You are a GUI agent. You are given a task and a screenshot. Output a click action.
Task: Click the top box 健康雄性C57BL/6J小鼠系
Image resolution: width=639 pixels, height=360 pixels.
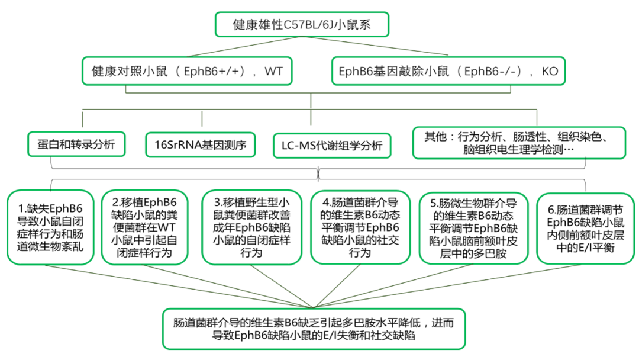pyautogui.click(x=302, y=24)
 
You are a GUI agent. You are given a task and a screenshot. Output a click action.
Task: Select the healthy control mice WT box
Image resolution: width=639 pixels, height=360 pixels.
pyautogui.click(x=187, y=71)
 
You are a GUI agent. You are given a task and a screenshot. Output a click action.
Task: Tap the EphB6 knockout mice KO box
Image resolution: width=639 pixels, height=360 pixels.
pyautogui.click(x=448, y=71)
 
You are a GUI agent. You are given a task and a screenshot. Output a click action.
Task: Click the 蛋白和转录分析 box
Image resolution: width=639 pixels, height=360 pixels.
pyautogui.click(x=76, y=144)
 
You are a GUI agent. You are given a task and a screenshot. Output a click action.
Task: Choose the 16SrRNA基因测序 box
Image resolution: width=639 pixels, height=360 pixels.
pyautogui.click(x=201, y=144)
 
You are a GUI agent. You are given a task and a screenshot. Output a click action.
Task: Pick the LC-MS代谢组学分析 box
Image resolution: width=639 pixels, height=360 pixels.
pyautogui.click(x=332, y=146)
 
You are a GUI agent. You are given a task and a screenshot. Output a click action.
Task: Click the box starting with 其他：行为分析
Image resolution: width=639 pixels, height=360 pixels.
pyautogui.click(x=519, y=143)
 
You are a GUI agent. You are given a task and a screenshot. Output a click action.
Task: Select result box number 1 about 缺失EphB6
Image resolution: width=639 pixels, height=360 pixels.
pyautogui.click(x=50, y=227)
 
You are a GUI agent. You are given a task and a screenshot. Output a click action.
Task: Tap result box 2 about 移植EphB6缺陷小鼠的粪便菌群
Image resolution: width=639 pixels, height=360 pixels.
pyautogui.click(x=144, y=227)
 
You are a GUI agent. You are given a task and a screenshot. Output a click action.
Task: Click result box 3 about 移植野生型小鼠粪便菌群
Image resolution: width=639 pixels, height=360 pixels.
pyautogui.click(x=251, y=227)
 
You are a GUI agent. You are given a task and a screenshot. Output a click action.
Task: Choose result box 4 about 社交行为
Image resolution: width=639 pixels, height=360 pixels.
pyautogui.click(x=360, y=227)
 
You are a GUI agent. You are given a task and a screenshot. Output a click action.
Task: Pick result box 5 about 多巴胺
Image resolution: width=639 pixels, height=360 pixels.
pyautogui.click(x=473, y=229)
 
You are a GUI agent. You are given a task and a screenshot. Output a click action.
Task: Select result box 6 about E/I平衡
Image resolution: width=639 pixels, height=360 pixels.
pyautogui.click(x=585, y=229)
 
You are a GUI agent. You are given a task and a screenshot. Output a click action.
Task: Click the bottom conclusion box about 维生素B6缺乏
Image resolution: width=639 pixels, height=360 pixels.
pyautogui.click(x=314, y=329)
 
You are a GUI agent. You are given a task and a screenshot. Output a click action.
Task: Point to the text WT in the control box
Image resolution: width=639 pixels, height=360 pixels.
pyautogui.click(x=273, y=71)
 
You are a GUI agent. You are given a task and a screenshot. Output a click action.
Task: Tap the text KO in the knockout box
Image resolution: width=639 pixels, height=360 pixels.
pyautogui.click(x=550, y=71)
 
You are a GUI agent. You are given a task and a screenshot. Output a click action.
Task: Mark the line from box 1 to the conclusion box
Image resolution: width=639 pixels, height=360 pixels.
pyautogui.click(x=180, y=286)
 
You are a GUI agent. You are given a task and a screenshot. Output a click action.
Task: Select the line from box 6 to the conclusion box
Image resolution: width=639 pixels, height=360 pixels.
pyautogui.click(x=447, y=286)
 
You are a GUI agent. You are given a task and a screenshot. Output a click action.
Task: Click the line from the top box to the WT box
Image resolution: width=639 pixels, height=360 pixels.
pyautogui.click(x=244, y=46)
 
